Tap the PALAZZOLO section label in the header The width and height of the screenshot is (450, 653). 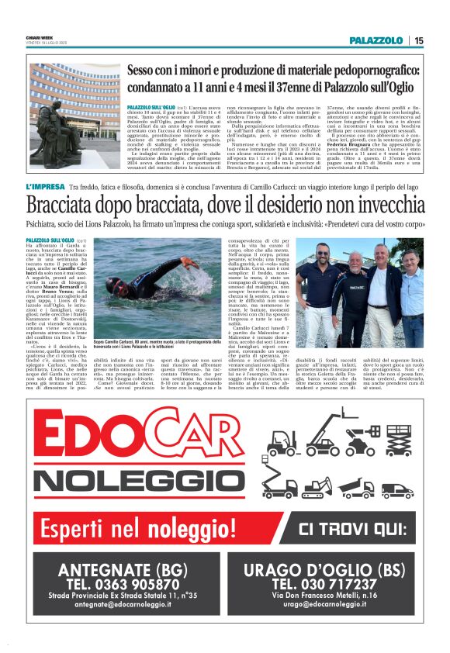tap(375, 40)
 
